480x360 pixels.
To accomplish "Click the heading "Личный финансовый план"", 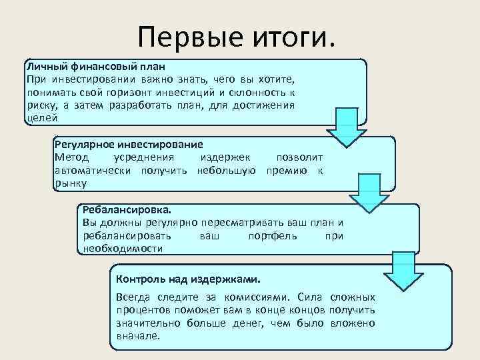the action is [x=95, y=67].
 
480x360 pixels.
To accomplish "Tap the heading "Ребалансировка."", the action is [x=123, y=209].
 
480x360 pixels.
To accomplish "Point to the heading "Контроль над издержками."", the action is [x=189, y=279].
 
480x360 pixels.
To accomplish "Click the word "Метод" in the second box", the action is [x=70, y=157].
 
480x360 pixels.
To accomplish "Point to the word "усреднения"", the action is [x=144, y=157].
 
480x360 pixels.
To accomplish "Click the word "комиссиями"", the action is [x=253, y=297].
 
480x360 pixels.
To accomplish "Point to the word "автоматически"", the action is [x=94, y=170].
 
